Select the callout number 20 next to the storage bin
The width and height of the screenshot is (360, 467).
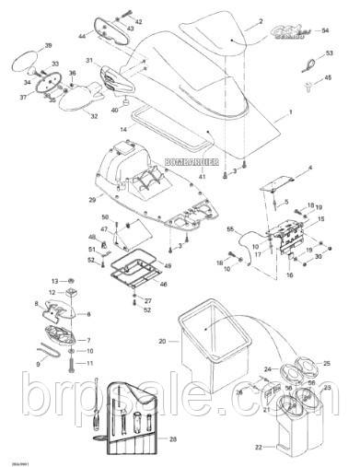coord(162,341)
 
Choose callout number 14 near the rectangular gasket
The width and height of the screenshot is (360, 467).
coord(123,131)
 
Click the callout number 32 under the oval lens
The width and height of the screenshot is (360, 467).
coord(94,116)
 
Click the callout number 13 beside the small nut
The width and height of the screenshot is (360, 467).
coord(55,279)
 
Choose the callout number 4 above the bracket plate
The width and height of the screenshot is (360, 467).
coord(309,168)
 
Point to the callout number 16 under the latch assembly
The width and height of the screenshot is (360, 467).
coord(289,274)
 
